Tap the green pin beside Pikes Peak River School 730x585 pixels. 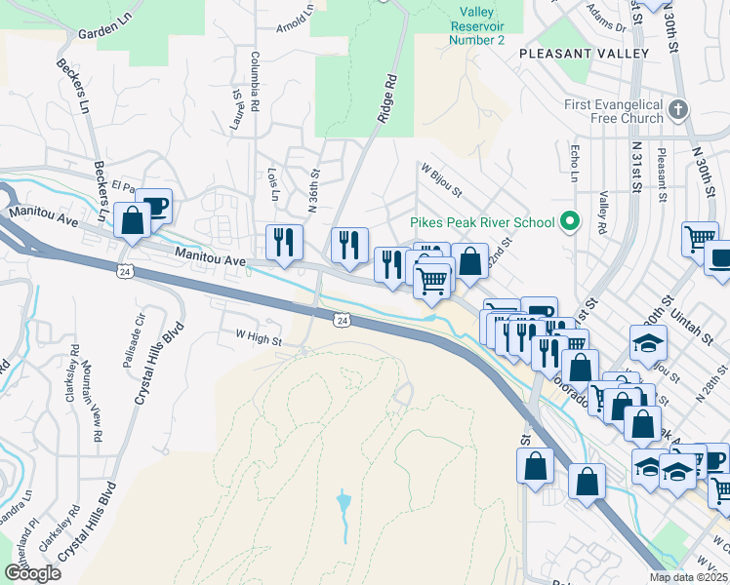click(571, 223)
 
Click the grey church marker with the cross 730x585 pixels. click(680, 109)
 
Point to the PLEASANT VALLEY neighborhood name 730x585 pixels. click(585, 54)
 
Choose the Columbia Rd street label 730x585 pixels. click(254, 79)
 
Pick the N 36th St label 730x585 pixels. click(314, 191)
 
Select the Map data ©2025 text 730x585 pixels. click(689, 577)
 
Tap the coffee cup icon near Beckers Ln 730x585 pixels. click(154, 207)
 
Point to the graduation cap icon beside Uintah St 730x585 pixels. click(648, 343)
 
